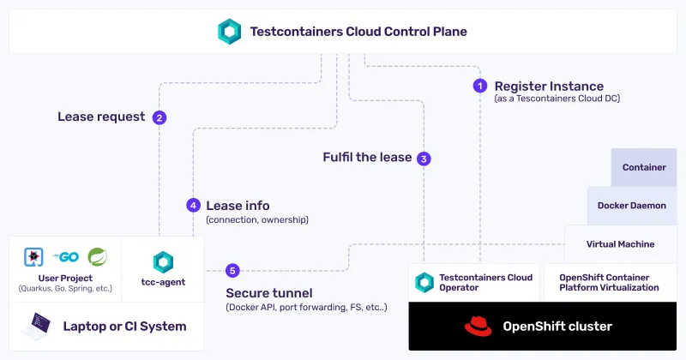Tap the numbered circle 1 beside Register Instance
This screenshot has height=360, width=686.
480,86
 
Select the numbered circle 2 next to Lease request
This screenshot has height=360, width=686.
159,117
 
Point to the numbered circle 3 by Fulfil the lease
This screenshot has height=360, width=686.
424,158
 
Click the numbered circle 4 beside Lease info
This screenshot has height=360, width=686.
193,206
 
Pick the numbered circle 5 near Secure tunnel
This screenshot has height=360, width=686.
232,271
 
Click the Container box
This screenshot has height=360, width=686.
644,167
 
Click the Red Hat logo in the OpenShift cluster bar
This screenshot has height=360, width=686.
478,327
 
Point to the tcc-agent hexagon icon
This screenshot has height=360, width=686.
163,262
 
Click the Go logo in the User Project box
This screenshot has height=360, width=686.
66,256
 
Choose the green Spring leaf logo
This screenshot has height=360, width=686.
99,255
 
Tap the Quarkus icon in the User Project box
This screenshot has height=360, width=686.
33,256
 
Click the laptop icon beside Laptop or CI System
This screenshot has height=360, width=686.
41,326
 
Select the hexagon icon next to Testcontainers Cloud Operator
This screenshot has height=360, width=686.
424,282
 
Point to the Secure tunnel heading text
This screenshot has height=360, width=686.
269,292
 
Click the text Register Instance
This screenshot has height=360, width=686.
549,86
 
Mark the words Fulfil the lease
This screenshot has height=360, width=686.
367,158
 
